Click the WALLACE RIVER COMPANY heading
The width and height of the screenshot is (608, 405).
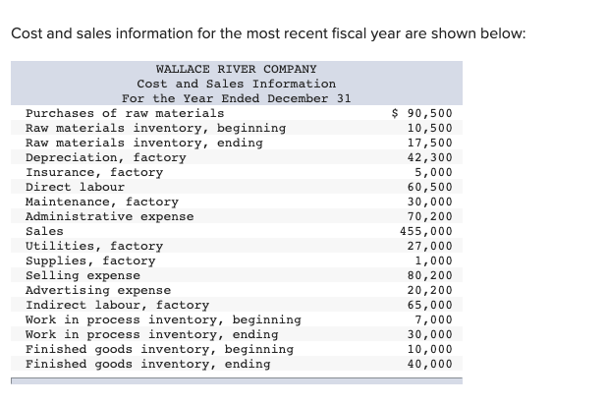[236, 69]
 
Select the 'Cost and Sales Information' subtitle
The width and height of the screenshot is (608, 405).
[236, 84]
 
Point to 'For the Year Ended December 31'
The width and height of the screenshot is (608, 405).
[236, 98]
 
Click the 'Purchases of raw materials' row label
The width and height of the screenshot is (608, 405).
[124, 113]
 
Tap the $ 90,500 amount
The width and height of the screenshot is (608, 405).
[422, 113]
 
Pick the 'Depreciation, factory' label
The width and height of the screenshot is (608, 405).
[105, 157]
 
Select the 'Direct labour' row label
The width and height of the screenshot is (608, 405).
[75, 187]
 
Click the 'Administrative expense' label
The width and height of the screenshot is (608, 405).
[109, 216]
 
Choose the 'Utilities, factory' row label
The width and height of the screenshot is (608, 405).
[93, 246]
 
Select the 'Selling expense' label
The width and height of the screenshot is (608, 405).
[83, 275]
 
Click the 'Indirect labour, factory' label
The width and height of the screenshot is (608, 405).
[117, 305]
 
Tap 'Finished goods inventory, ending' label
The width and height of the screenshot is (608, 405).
[147, 364]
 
